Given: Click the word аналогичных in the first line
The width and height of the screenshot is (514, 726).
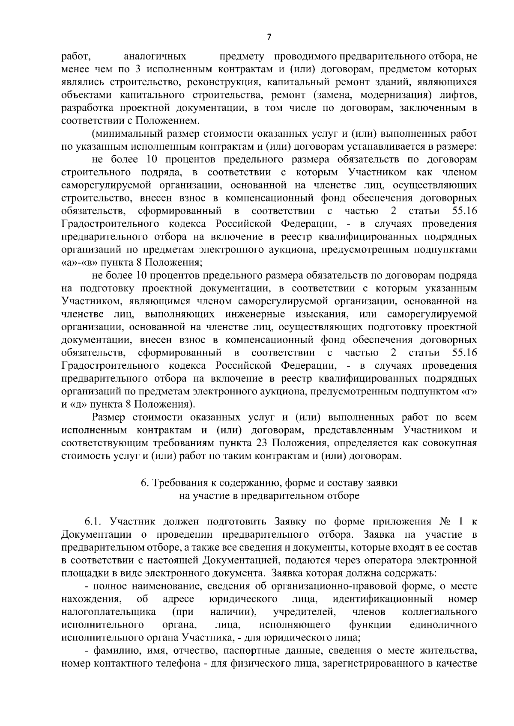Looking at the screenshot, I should [x=155, y=56].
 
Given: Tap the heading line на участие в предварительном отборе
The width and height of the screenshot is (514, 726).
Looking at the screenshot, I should [x=269, y=496].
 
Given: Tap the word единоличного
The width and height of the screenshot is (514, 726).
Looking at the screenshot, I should [x=443, y=625].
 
